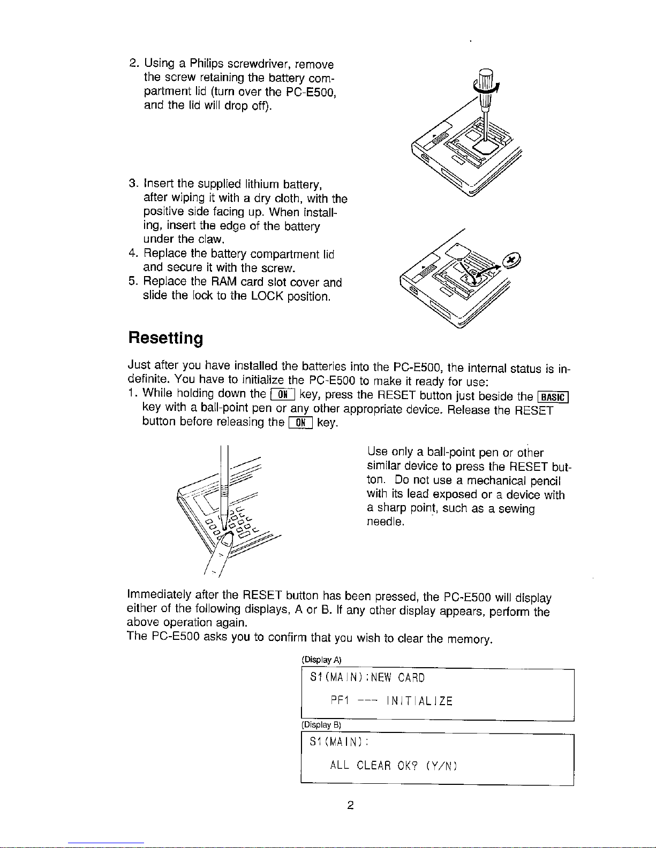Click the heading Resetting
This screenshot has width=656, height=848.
click(x=166, y=339)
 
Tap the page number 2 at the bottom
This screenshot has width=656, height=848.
click(x=350, y=805)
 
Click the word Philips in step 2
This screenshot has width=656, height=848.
click(x=207, y=64)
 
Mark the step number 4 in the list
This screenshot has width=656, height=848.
click(x=133, y=254)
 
